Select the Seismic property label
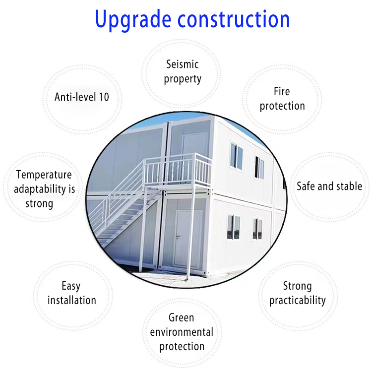[x=183, y=71]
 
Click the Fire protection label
[x=282, y=98]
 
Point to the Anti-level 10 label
[x=82, y=97]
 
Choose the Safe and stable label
[x=329, y=186]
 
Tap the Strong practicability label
[x=298, y=293]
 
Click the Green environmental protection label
[x=182, y=332]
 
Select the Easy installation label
[x=72, y=293]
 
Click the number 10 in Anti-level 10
[x=104, y=97]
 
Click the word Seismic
[x=183, y=64]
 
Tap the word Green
[x=182, y=318]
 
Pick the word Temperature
[x=44, y=175]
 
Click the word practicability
[x=298, y=301]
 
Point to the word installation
[x=72, y=300]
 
